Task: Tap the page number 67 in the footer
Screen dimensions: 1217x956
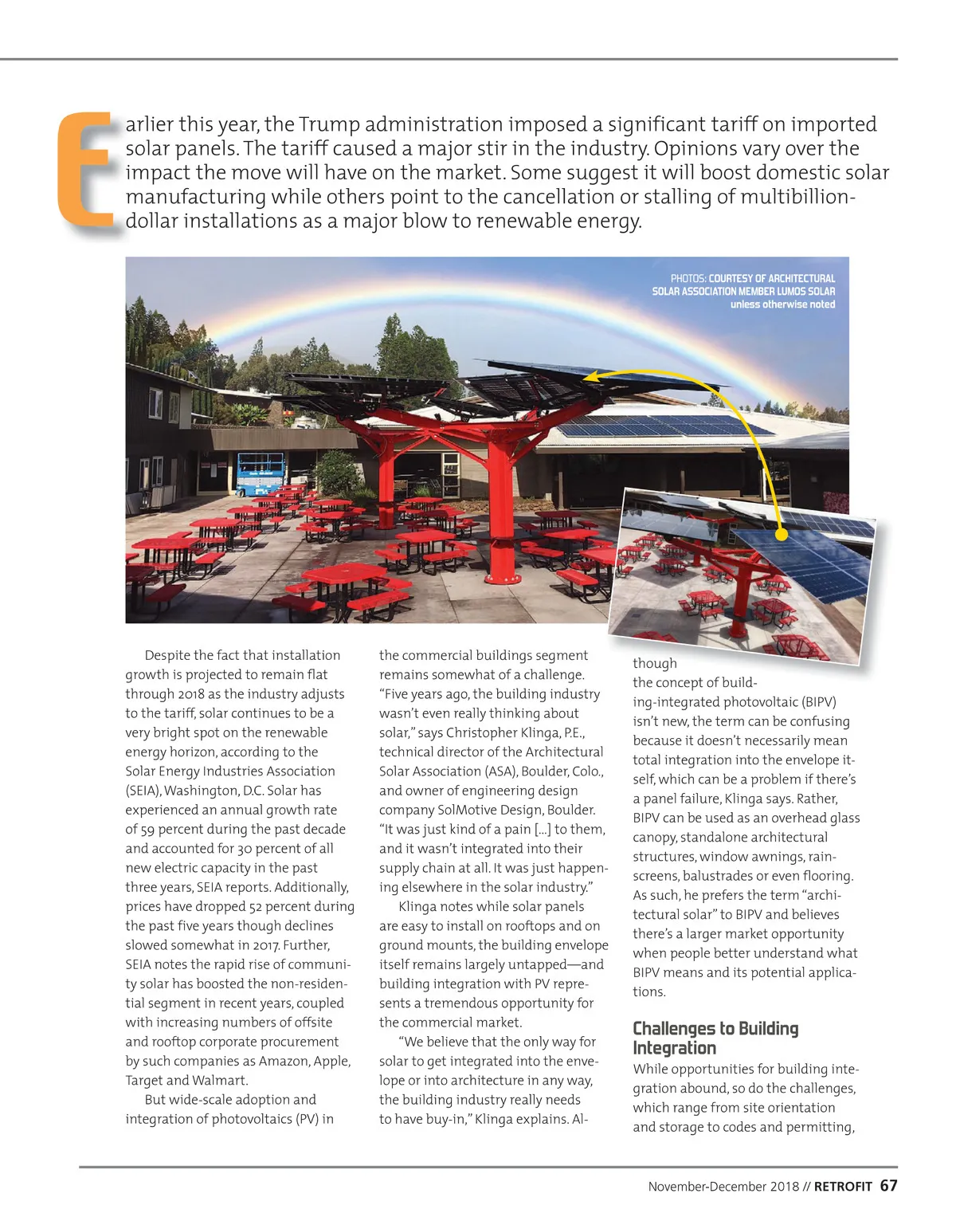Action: coord(888,1186)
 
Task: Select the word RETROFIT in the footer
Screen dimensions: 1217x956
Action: coord(843,1187)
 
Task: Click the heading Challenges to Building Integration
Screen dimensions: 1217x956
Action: coord(715,1038)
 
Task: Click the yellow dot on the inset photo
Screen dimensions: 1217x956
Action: coord(782,535)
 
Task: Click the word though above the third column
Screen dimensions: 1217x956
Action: coord(654,663)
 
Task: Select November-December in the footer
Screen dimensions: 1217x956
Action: coord(723,1187)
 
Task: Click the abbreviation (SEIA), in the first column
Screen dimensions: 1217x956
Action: coord(143,791)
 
